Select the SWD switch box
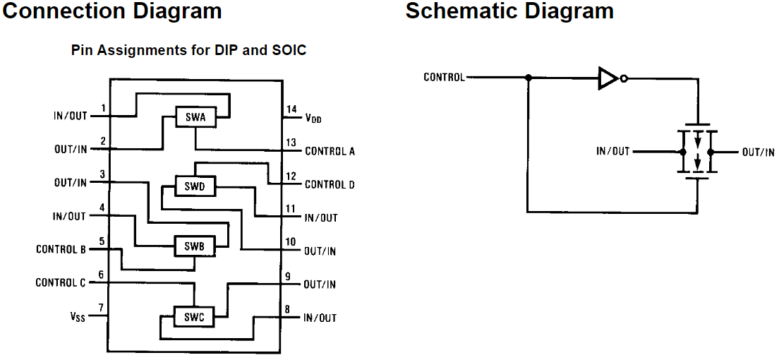coord(195,186)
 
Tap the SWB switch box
coord(195,246)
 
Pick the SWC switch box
coord(194,317)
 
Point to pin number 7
coord(102,308)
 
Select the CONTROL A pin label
coord(330,151)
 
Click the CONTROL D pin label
coord(330,184)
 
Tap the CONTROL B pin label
coord(61,249)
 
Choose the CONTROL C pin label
coord(61,282)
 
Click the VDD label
coord(313,119)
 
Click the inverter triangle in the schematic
coord(608,78)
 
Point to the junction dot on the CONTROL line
coord(528,78)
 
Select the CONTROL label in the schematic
coord(444,77)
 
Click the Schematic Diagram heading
coord(509,11)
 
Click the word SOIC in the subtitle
coord(290,51)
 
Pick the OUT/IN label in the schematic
coord(758,152)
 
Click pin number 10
coord(290,241)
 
